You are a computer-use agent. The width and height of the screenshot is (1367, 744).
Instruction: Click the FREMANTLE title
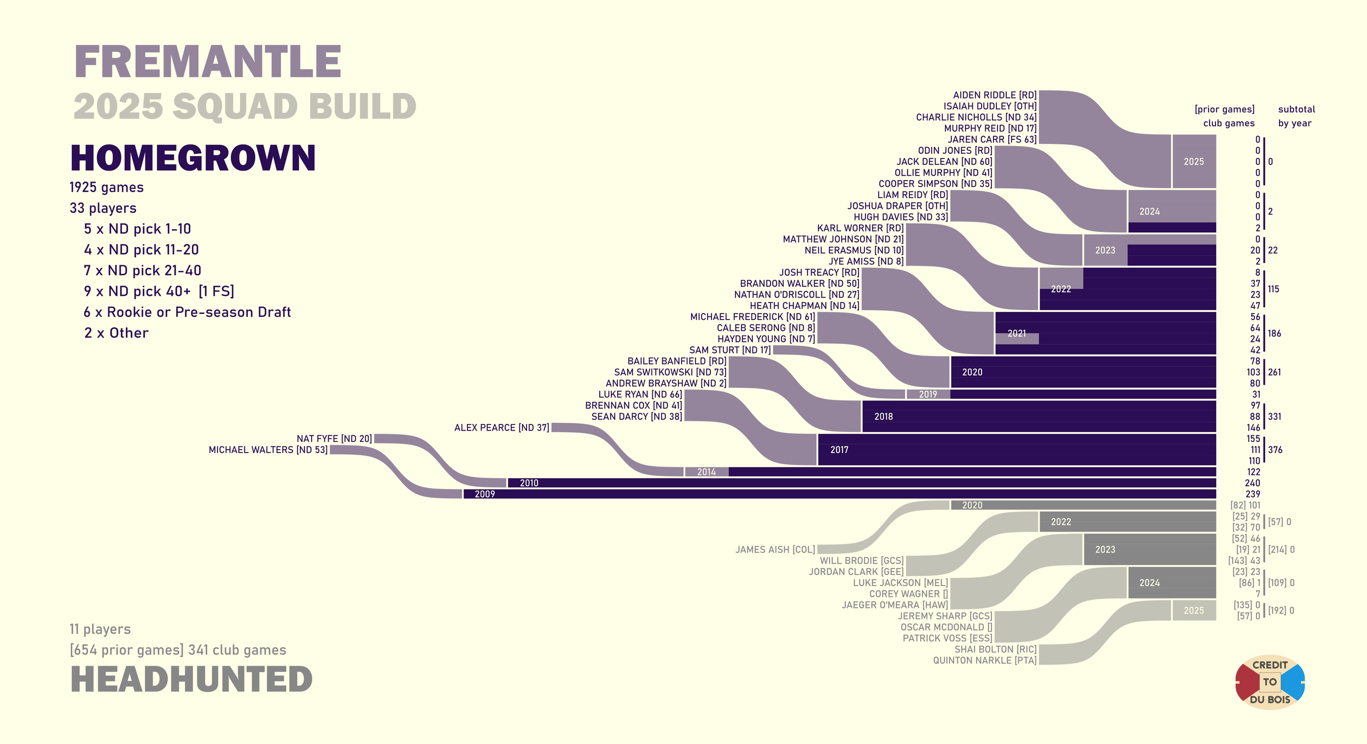coord(208,62)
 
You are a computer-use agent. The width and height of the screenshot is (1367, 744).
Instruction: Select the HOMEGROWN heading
coord(193,158)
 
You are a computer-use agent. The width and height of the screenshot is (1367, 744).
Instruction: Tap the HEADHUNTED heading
coord(191,679)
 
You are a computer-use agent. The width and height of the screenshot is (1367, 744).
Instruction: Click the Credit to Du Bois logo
coord(1270,682)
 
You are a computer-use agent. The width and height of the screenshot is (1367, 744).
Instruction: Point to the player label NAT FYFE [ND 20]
coord(334,439)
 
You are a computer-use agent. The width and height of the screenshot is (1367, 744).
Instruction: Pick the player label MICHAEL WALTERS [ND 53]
coord(268,450)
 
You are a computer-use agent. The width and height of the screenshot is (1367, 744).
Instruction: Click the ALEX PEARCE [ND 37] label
coord(501,428)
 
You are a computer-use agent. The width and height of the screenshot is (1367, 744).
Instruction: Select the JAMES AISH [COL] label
coord(775,550)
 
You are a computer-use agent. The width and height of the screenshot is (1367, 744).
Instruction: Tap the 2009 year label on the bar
coord(484,495)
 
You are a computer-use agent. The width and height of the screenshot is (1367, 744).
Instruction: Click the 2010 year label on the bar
coord(529,483)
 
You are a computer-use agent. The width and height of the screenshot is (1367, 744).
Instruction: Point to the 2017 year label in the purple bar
coord(839,450)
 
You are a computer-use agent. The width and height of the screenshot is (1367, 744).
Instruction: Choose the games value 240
coord(1252,483)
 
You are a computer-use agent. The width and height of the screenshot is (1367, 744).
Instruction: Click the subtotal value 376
coord(1275,450)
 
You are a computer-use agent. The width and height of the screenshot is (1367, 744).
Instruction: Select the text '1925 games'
coord(107,188)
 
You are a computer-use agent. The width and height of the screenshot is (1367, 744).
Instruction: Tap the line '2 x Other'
coord(116,333)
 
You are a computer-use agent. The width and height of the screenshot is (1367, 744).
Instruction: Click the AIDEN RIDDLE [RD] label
coord(995,95)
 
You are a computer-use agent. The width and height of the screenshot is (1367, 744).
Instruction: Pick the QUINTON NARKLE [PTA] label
coord(984,660)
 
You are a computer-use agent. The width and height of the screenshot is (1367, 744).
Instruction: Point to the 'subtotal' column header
coord(1296,109)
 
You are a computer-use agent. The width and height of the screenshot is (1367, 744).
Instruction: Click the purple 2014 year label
coord(706,472)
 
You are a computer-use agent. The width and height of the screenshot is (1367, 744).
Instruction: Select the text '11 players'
coord(100,630)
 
